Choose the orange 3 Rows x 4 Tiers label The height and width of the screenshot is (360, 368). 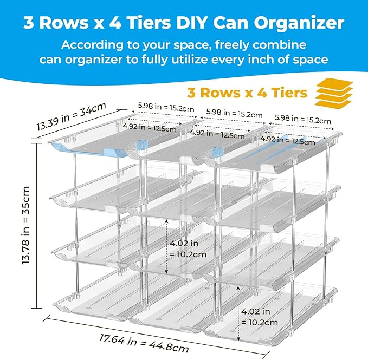pyautogui.click(x=247, y=93)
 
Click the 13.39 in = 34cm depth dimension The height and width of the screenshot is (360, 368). pyautogui.click(x=64, y=118)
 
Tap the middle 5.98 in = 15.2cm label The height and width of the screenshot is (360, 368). pyautogui.click(x=234, y=115)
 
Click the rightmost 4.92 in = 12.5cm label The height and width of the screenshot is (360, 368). pyautogui.click(x=287, y=141)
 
